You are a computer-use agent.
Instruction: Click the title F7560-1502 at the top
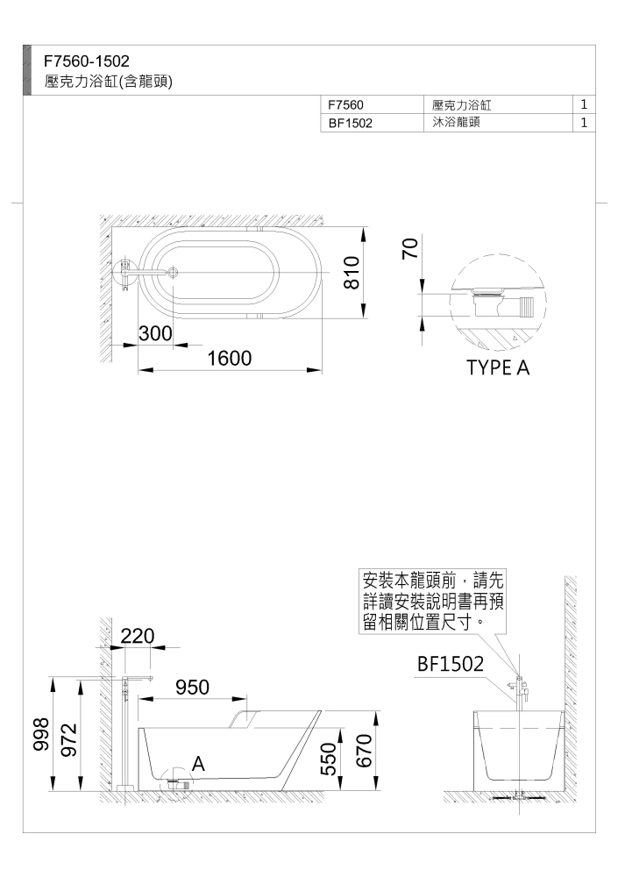click(87, 61)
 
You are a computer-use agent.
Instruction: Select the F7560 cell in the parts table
click(345, 104)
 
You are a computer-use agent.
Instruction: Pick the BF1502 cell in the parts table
click(350, 123)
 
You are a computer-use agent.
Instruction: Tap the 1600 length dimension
click(230, 358)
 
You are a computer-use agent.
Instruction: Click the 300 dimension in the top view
click(155, 333)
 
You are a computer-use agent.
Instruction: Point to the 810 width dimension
click(351, 272)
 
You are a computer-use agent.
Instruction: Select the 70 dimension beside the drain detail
click(410, 248)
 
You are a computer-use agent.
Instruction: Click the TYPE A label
click(498, 367)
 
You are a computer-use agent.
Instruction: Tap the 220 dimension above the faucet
click(138, 636)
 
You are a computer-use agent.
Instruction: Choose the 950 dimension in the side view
click(192, 687)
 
